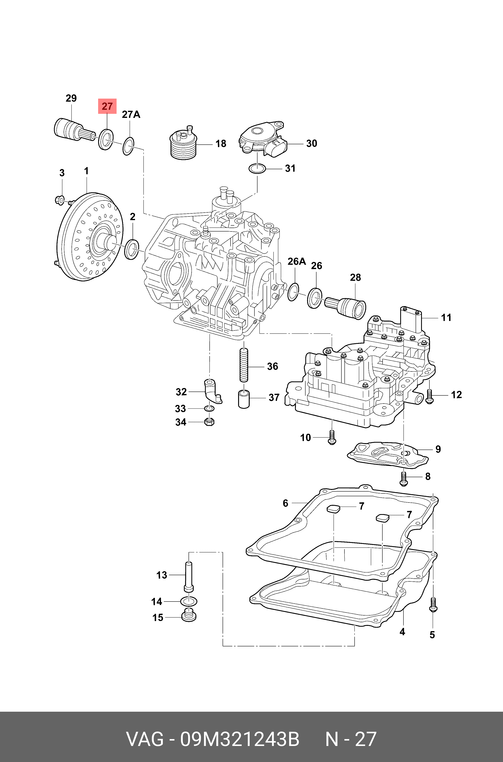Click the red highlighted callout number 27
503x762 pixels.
[107, 106]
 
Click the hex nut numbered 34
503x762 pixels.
[209, 421]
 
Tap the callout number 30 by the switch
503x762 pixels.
[311, 143]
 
